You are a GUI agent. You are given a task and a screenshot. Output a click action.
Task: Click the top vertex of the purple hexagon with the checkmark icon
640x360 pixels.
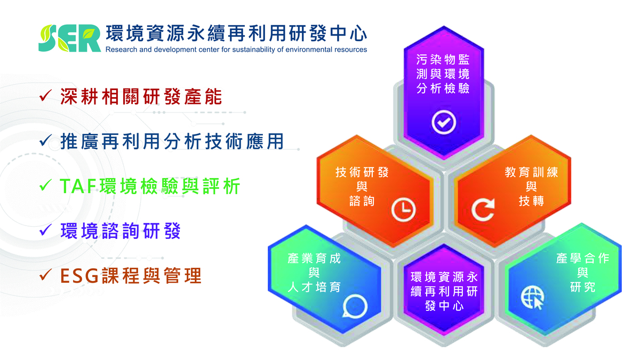(x=444, y=26)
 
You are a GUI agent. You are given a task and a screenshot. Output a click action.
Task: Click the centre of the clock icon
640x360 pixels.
(x=403, y=210)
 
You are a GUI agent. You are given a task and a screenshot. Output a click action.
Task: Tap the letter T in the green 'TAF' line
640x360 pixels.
(x=66, y=186)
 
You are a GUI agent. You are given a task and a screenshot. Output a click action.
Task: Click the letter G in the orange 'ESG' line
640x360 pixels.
(x=91, y=276)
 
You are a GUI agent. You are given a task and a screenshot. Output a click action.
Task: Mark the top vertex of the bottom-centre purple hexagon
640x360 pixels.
(x=444, y=245)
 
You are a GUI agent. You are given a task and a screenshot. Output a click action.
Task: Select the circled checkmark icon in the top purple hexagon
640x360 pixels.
(x=444, y=122)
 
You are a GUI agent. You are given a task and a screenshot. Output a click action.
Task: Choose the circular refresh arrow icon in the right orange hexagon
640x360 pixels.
(x=483, y=210)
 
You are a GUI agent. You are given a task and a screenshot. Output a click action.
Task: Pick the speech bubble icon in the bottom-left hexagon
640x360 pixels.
(x=355, y=306)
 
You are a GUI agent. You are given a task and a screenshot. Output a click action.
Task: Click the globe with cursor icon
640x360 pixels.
(x=532, y=298)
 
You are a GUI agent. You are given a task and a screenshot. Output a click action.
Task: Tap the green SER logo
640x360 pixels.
(x=69, y=38)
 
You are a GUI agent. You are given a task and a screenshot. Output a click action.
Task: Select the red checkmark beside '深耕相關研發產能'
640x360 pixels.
(x=46, y=95)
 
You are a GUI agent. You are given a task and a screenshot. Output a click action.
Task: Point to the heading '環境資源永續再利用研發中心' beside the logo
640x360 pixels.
(x=236, y=34)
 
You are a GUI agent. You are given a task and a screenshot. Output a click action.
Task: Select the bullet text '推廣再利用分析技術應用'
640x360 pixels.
(x=172, y=141)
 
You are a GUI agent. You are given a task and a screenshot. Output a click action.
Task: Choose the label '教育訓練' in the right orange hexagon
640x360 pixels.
(x=531, y=172)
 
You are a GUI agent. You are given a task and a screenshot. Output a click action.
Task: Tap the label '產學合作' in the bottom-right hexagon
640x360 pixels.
(x=582, y=258)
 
